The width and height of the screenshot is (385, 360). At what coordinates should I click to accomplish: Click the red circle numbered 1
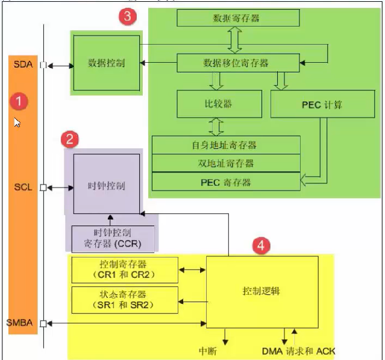(20, 101)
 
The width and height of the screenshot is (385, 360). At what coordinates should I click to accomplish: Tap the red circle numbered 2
(70, 140)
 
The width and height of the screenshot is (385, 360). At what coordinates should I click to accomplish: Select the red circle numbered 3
(126, 17)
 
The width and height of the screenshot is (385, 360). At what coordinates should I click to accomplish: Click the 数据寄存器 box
(237, 18)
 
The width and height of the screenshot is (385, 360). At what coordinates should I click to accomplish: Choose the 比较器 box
(219, 104)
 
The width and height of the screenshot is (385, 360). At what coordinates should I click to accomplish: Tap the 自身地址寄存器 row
(226, 145)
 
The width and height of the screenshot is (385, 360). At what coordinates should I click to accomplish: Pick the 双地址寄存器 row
(226, 163)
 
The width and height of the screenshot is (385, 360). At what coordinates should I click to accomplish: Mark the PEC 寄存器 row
(226, 182)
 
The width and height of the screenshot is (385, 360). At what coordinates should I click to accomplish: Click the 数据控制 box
(106, 63)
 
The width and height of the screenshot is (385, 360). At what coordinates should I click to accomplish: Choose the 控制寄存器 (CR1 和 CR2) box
(125, 270)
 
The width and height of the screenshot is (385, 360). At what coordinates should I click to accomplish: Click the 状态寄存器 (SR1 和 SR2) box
(125, 300)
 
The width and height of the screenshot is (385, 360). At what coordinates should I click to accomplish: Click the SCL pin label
(23, 188)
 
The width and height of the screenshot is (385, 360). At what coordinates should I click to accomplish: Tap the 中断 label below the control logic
(208, 350)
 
